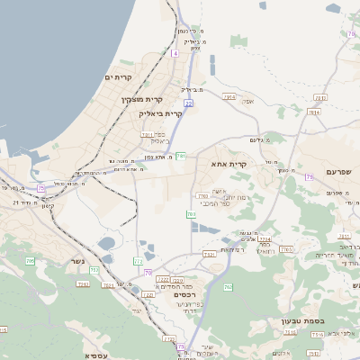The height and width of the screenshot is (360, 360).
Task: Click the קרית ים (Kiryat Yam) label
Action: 119,77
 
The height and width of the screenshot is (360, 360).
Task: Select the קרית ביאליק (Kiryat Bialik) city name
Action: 160,113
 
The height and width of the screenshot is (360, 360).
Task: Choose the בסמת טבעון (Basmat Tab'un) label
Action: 316,320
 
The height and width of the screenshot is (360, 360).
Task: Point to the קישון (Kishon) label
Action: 47,206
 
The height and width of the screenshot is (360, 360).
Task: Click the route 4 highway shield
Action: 175,54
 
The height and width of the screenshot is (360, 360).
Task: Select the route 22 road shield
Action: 189,103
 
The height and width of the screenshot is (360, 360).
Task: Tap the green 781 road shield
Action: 181,156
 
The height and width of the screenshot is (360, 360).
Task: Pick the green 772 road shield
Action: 138,261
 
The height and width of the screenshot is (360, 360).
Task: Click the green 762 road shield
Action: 228,287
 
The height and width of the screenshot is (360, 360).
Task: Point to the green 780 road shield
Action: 202,194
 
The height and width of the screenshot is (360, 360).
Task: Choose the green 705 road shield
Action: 191,214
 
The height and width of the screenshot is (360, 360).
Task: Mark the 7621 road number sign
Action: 209,255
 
